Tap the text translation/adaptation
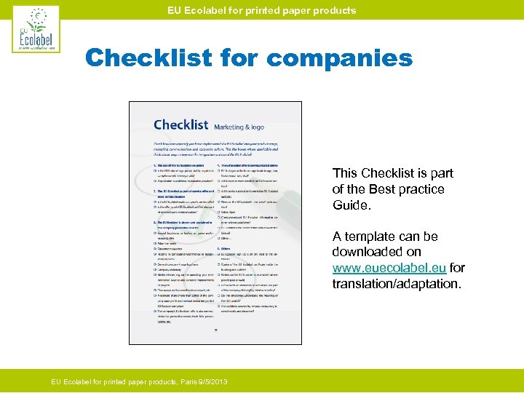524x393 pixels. [x=397, y=283]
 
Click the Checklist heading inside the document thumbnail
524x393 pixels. [x=180, y=125]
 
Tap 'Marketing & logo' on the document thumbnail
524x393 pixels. [x=239, y=127]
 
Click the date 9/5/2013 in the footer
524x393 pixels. [x=213, y=381]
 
